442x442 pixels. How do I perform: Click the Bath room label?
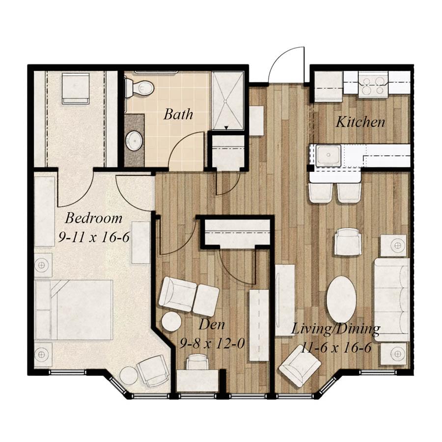click(178, 115)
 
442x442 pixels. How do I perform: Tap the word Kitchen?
click(360, 122)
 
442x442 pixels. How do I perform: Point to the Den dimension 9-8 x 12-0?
click(212, 343)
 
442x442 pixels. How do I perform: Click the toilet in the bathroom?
click(139, 88)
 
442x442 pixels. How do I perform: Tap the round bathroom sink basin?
click(134, 141)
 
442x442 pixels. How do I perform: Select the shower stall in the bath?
click(228, 101)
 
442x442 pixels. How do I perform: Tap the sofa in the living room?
click(391, 299)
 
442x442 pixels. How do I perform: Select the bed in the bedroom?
click(74, 309)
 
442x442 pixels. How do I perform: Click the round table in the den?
click(172, 322)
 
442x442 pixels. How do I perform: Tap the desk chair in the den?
click(197, 362)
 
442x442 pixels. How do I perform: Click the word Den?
click(212, 325)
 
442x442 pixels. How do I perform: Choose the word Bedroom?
click(93, 218)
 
